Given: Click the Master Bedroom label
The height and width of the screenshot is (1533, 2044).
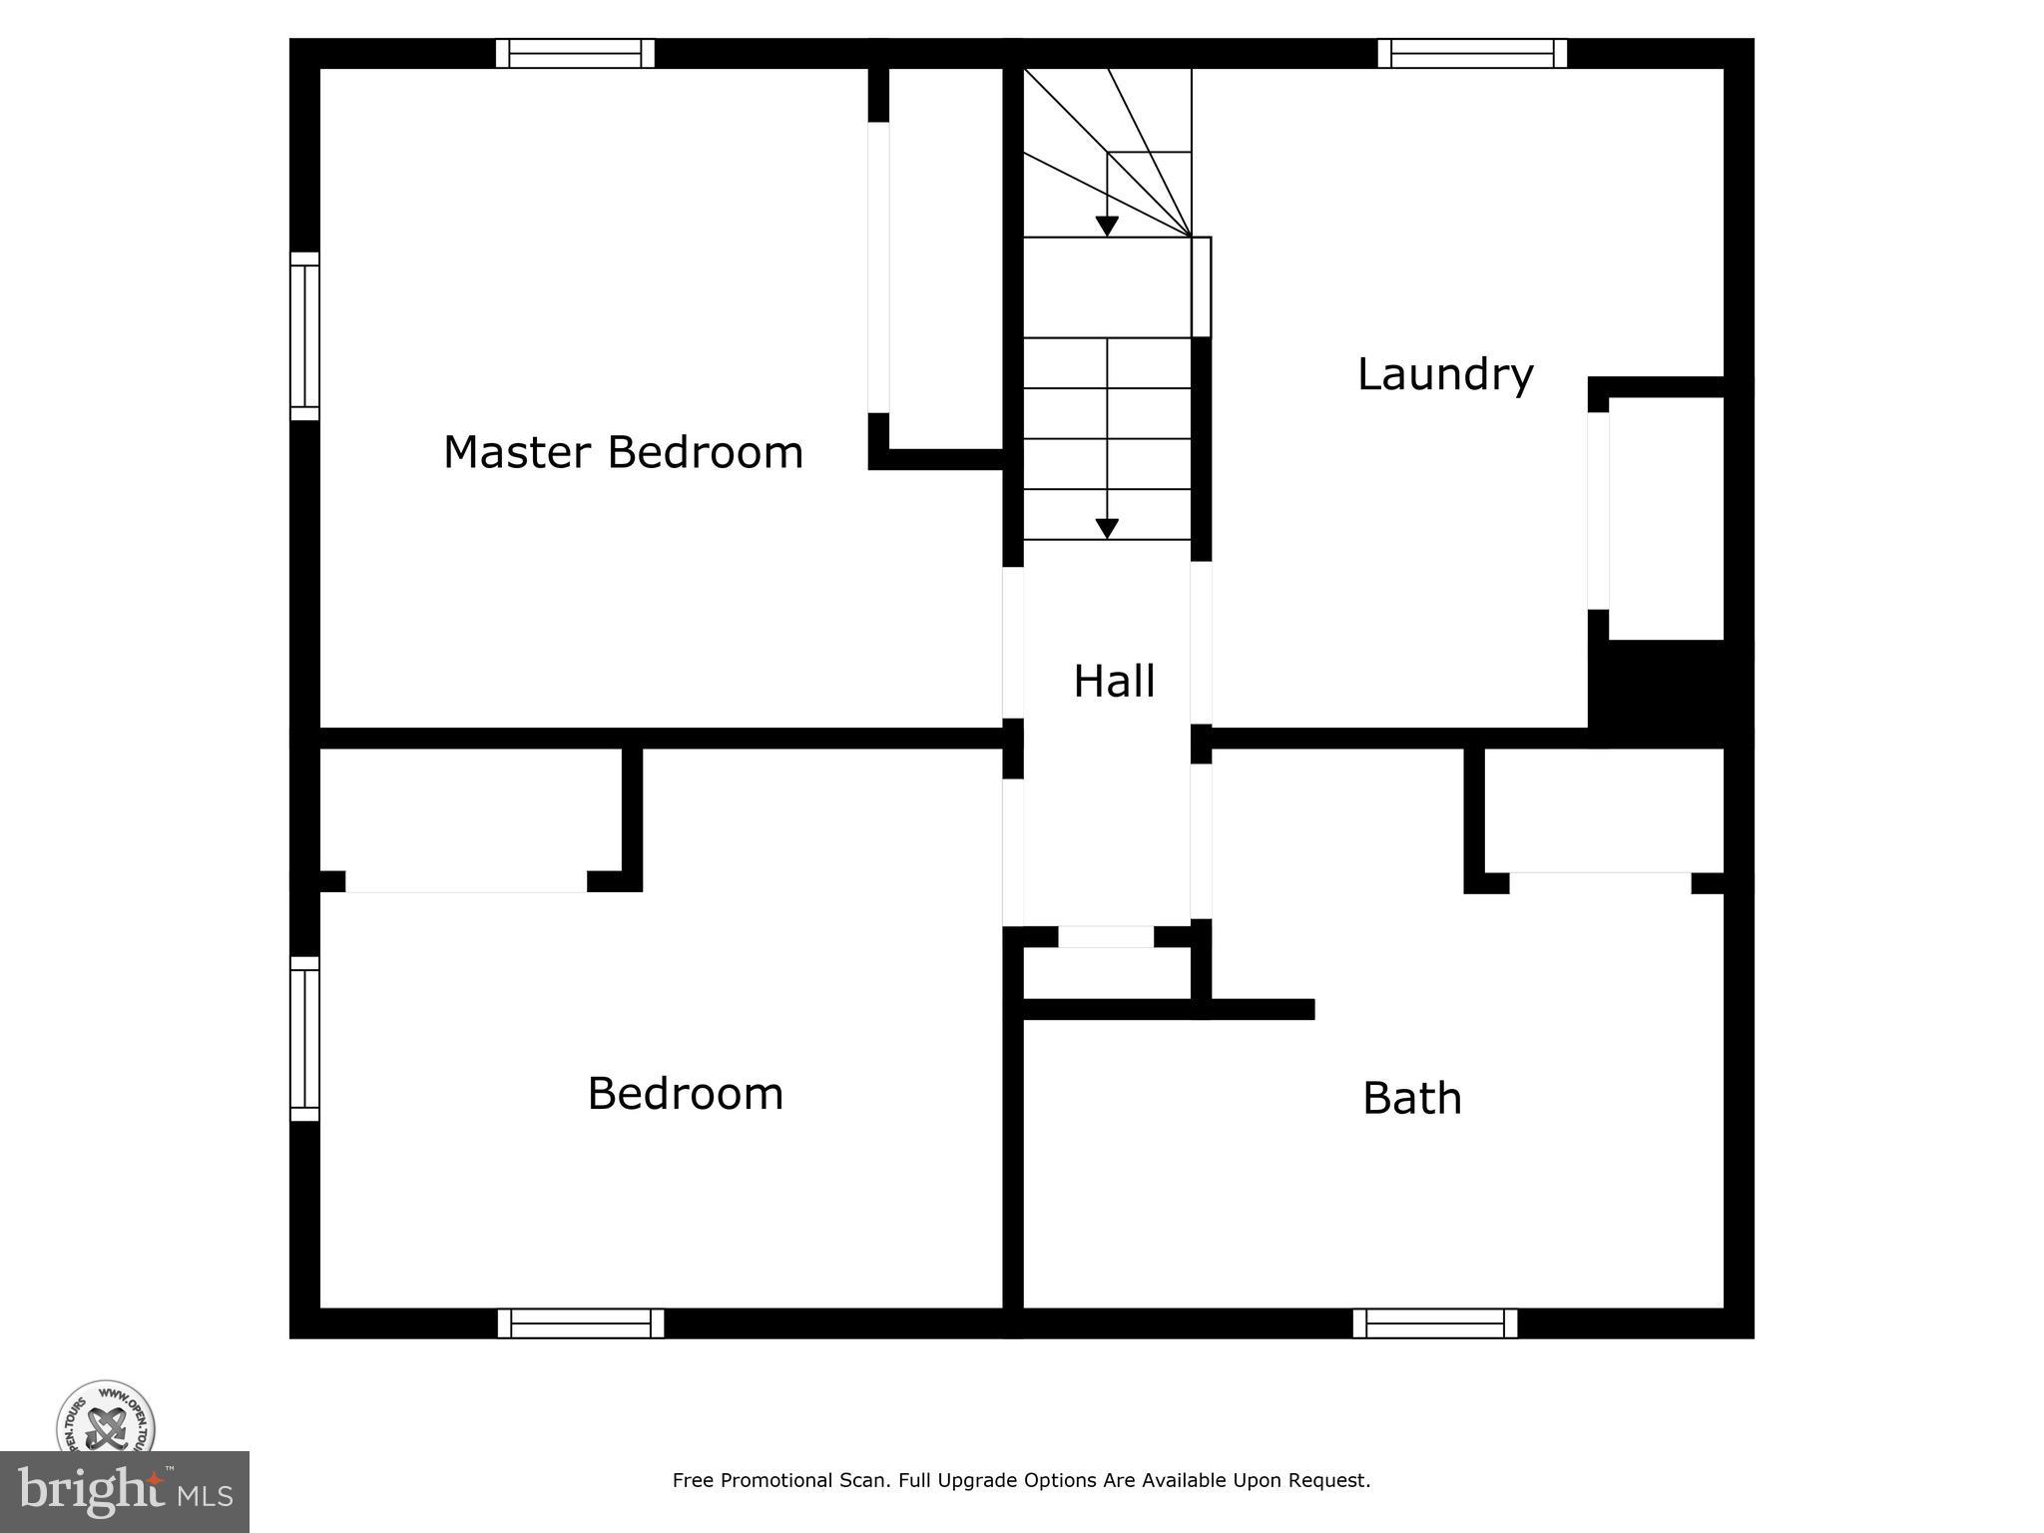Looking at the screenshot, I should [623, 453].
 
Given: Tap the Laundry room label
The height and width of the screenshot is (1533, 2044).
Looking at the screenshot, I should [1444, 374].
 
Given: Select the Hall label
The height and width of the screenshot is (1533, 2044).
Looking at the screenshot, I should [1114, 682].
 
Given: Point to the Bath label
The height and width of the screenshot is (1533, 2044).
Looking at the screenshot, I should [1411, 1099].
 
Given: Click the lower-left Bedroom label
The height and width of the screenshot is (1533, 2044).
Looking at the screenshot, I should [685, 1094].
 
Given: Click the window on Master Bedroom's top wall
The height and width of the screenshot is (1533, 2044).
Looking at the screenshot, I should [575, 53].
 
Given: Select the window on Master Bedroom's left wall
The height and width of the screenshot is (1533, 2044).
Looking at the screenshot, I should [304, 336].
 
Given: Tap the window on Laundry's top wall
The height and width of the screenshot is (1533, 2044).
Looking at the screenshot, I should [1472, 53].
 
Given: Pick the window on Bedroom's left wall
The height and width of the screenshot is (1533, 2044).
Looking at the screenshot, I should [304, 1038].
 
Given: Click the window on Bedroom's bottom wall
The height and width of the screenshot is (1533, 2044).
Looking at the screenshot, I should [581, 1323].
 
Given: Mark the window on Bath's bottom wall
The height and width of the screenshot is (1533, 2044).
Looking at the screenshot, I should [1435, 1323].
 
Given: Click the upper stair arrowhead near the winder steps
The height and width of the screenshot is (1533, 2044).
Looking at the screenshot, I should [1107, 227].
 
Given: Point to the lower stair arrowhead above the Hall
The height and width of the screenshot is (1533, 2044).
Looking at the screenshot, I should [1107, 529].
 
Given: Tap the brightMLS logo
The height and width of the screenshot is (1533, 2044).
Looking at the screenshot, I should [125, 1492].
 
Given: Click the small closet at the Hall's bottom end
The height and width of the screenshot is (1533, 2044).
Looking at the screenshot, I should [1106, 973].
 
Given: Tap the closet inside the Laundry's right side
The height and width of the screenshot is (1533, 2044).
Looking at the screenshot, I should [1666, 517].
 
